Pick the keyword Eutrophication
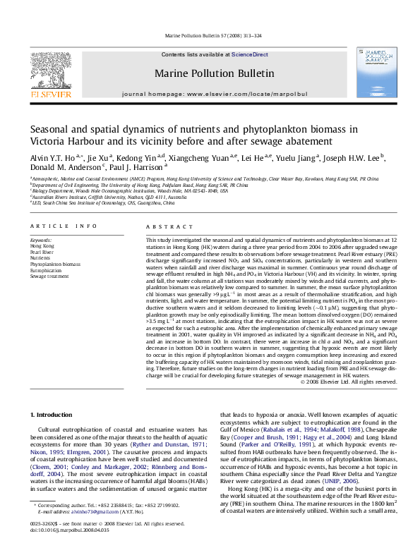point(46,270)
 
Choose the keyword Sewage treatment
point(49,276)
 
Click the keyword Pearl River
point(42,251)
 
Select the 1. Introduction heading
point(53,416)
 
